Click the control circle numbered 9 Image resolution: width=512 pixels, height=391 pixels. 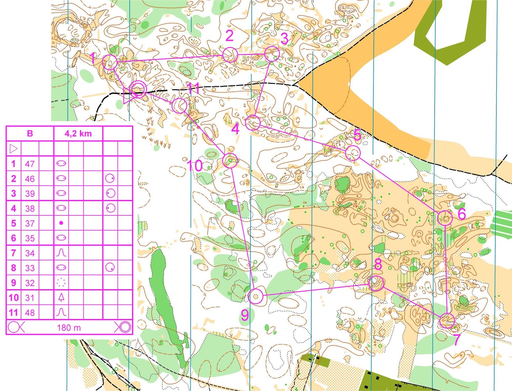pyautogui.click(x=255, y=296)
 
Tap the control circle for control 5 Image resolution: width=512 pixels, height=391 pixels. pyautogui.click(x=353, y=153)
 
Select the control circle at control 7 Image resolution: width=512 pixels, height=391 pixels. pyautogui.click(x=447, y=320)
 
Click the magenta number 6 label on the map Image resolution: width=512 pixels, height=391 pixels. pyautogui.click(x=461, y=214)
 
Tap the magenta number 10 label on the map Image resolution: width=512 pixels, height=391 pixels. pyautogui.click(x=195, y=166)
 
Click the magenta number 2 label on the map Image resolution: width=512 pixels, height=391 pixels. pyautogui.click(x=229, y=36)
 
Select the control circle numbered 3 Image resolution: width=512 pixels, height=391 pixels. pyautogui.click(x=272, y=54)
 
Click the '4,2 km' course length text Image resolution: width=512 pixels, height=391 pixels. pyautogui.click(x=78, y=134)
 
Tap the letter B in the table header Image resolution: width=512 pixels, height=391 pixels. pyautogui.click(x=30, y=134)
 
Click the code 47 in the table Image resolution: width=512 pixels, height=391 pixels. pyautogui.click(x=30, y=164)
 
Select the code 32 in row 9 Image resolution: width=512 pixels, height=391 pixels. pyautogui.click(x=30, y=283)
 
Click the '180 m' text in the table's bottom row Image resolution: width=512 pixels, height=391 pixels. pyautogui.click(x=69, y=328)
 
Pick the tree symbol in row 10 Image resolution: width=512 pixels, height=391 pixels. pyautogui.click(x=61, y=297)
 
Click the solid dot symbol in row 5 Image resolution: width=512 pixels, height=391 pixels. pyautogui.click(x=61, y=223)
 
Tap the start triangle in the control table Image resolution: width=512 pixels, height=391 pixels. pyautogui.click(x=13, y=149)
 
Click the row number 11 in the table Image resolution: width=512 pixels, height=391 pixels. pyautogui.click(x=13, y=312)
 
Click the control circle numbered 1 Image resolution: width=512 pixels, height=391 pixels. pyautogui.click(x=109, y=62)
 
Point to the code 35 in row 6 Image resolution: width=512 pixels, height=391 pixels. pyautogui.click(x=30, y=238)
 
